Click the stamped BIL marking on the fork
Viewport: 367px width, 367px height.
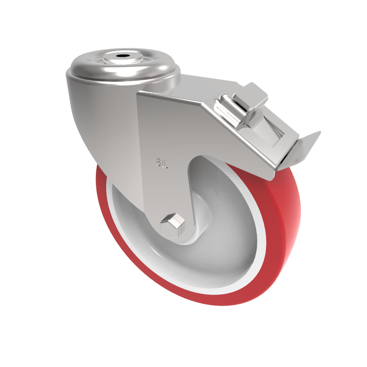tap(162, 162)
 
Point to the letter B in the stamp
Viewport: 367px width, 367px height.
tap(159, 162)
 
